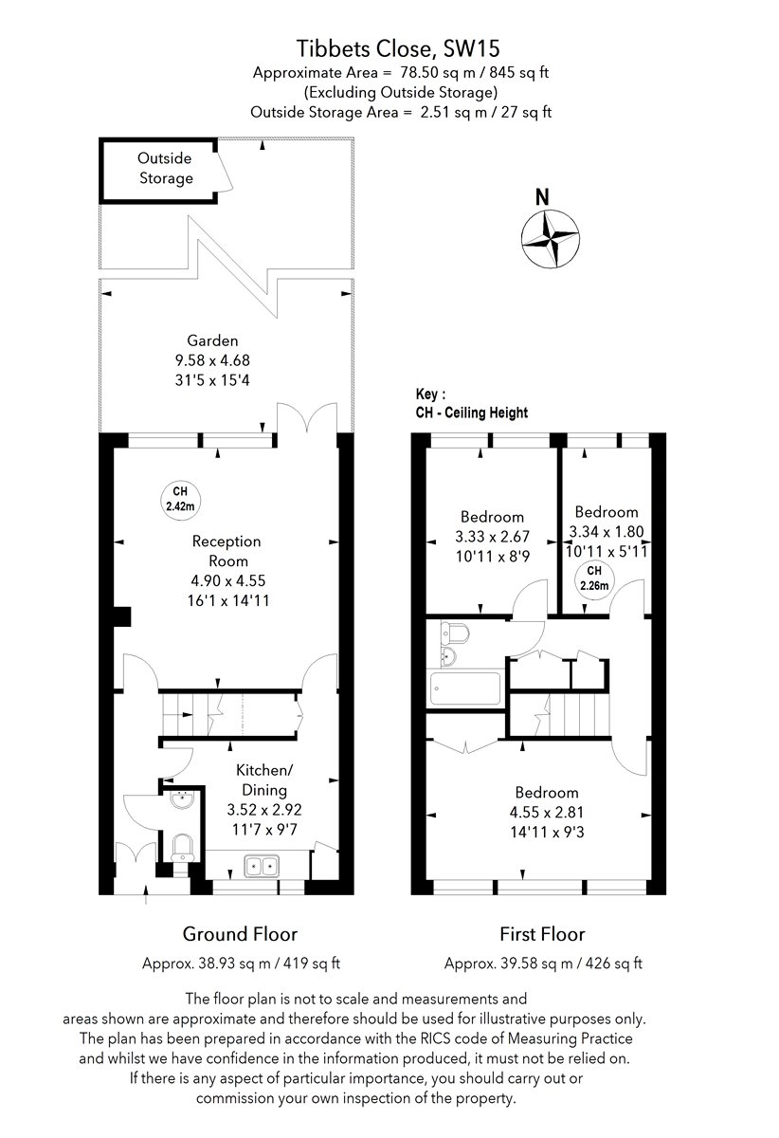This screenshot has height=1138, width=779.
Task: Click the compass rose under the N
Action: [x=551, y=238]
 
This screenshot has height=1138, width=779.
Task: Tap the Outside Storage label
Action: [x=166, y=168]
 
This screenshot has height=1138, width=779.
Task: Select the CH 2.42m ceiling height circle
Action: [x=180, y=499]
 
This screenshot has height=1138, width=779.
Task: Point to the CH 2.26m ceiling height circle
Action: [x=594, y=578]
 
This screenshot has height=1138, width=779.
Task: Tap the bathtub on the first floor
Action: [x=465, y=688]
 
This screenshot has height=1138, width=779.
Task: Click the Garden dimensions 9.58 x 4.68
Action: [x=212, y=360]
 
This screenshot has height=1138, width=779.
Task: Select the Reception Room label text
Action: [x=226, y=551]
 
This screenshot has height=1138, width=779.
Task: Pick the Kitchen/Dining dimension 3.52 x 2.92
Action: [x=264, y=809]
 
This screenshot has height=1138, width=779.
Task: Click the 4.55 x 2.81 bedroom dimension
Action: [x=547, y=812]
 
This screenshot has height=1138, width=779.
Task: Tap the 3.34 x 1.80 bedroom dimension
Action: [x=607, y=531]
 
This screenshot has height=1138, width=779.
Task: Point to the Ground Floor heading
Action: [x=240, y=934]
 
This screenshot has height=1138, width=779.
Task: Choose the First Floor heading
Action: [x=542, y=934]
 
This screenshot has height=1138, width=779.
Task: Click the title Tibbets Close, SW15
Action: [x=398, y=48]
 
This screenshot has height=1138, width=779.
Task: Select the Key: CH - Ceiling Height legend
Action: [x=472, y=403]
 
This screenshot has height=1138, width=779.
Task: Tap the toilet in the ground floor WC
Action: [x=182, y=848]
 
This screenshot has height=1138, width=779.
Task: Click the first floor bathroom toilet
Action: [x=455, y=632]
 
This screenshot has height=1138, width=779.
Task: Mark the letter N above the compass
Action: [x=542, y=197]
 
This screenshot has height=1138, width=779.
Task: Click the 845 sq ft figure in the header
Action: [x=518, y=73]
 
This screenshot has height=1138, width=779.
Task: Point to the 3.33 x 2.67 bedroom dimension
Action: [x=492, y=537]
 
